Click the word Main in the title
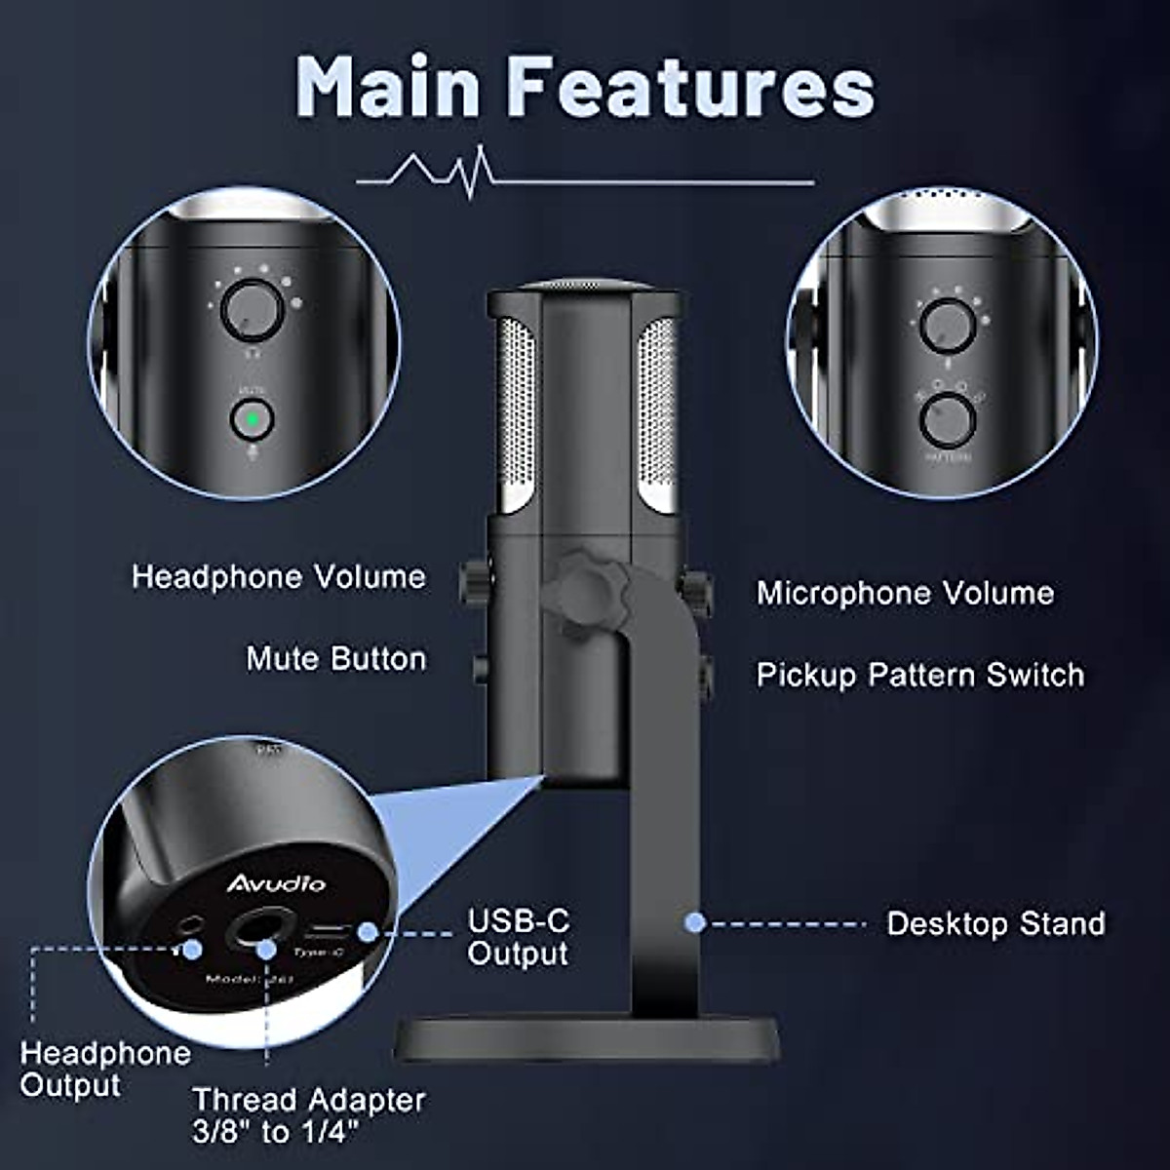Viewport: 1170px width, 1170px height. tap(388, 87)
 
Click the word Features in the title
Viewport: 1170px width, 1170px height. tap(692, 87)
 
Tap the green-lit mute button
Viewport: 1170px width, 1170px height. tap(252, 420)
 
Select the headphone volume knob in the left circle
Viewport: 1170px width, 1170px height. tap(252, 309)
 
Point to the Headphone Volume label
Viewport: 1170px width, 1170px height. tap(279, 576)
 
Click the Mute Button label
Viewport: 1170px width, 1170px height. tap(335, 658)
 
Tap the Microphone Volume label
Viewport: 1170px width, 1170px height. tap(905, 593)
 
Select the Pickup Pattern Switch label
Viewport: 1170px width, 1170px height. tap(919, 675)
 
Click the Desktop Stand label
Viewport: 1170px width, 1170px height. tap(994, 923)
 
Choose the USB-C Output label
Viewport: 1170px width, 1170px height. tap(518, 936)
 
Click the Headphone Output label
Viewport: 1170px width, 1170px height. tap(104, 1069)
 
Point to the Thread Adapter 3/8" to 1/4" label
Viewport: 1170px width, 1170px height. tap(308, 1115)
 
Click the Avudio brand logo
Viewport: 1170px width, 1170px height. tap(276, 883)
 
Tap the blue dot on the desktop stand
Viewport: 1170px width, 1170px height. tap(695, 921)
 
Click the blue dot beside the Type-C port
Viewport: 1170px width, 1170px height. tap(367, 932)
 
